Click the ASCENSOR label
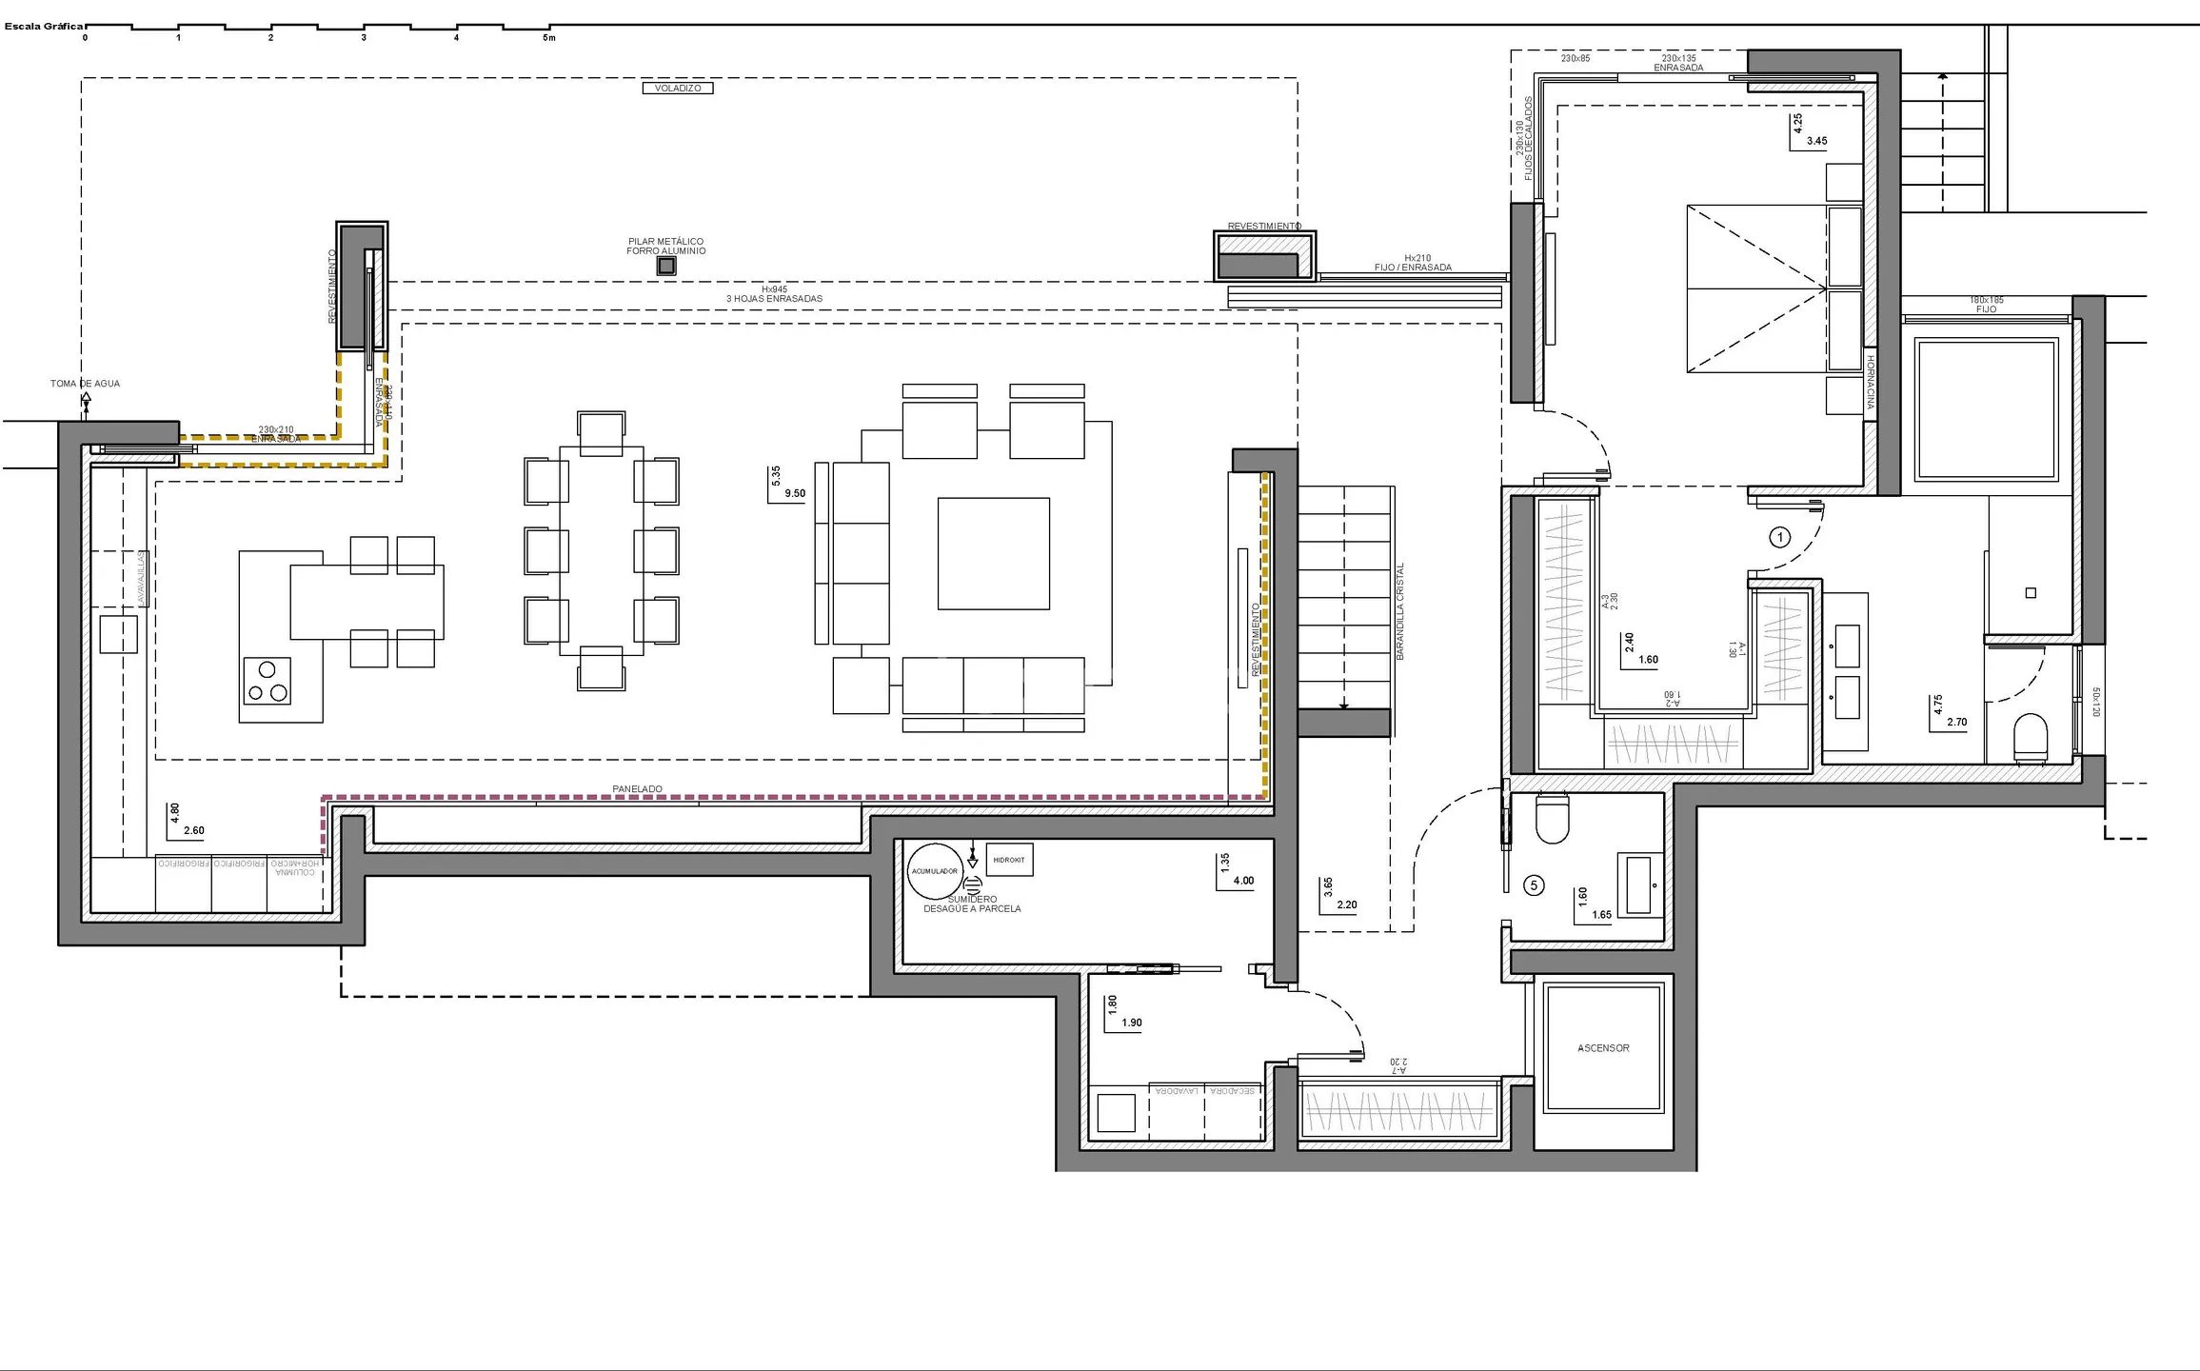(1603, 1048)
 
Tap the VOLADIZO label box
(677, 89)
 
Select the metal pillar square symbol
(666, 267)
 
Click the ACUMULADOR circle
(934, 871)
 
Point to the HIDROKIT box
(1009, 860)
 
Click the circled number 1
(1779, 538)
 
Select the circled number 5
(1534, 885)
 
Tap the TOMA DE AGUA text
(86, 384)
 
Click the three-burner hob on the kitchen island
(268, 681)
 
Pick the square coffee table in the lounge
(993, 553)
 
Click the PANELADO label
(637, 789)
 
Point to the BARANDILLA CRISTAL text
(1400, 611)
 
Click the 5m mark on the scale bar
(548, 38)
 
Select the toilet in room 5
(1552, 819)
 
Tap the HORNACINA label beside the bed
(1870, 383)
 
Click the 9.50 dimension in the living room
(795, 493)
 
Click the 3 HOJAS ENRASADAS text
(774, 299)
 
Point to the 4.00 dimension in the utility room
(1243, 881)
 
